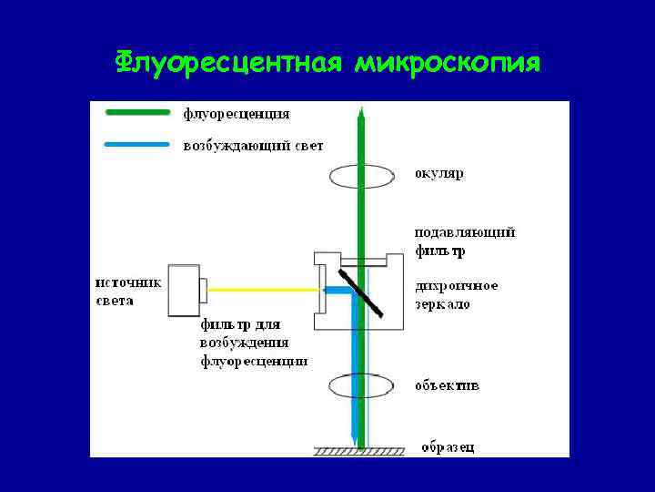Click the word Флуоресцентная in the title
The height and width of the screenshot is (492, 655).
[228, 63]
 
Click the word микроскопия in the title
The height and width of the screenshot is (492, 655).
[448, 63]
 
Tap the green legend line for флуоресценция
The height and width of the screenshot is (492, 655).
[137, 113]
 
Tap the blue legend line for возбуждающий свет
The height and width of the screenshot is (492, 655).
[137, 144]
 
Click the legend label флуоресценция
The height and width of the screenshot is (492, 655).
[237, 114]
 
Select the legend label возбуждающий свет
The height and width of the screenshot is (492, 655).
[253, 145]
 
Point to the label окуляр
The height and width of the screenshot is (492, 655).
[438, 173]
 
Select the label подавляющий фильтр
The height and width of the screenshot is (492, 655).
[464, 241]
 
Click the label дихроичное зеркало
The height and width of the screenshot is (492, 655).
[456, 293]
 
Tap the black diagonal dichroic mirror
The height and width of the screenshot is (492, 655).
[361, 290]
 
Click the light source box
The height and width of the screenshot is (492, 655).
[185, 291]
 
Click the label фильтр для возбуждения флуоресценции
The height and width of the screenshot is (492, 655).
[254, 343]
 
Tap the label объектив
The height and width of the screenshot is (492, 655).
[447, 385]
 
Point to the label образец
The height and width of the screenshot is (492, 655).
[447, 446]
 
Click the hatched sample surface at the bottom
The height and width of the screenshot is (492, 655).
[362, 451]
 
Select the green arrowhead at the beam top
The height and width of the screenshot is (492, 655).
[361, 113]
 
